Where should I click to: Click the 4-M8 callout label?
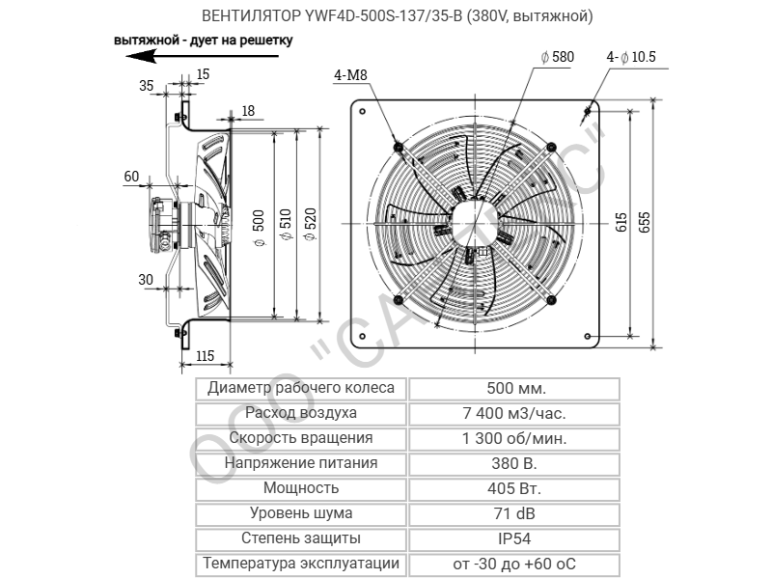(x=350, y=75)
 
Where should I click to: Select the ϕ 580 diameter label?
(x=558, y=57)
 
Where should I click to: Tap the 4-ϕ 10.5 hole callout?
(x=631, y=57)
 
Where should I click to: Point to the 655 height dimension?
(x=645, y=223)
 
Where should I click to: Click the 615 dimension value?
(x=621, y=223)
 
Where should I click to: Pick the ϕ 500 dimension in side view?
(x=259, y=228)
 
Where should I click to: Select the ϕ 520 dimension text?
(x=310, y=225)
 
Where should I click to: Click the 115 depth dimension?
(x=205, y=355)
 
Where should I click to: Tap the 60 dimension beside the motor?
(x=131, y=176)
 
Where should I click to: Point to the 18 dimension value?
(x=248, y=111)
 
